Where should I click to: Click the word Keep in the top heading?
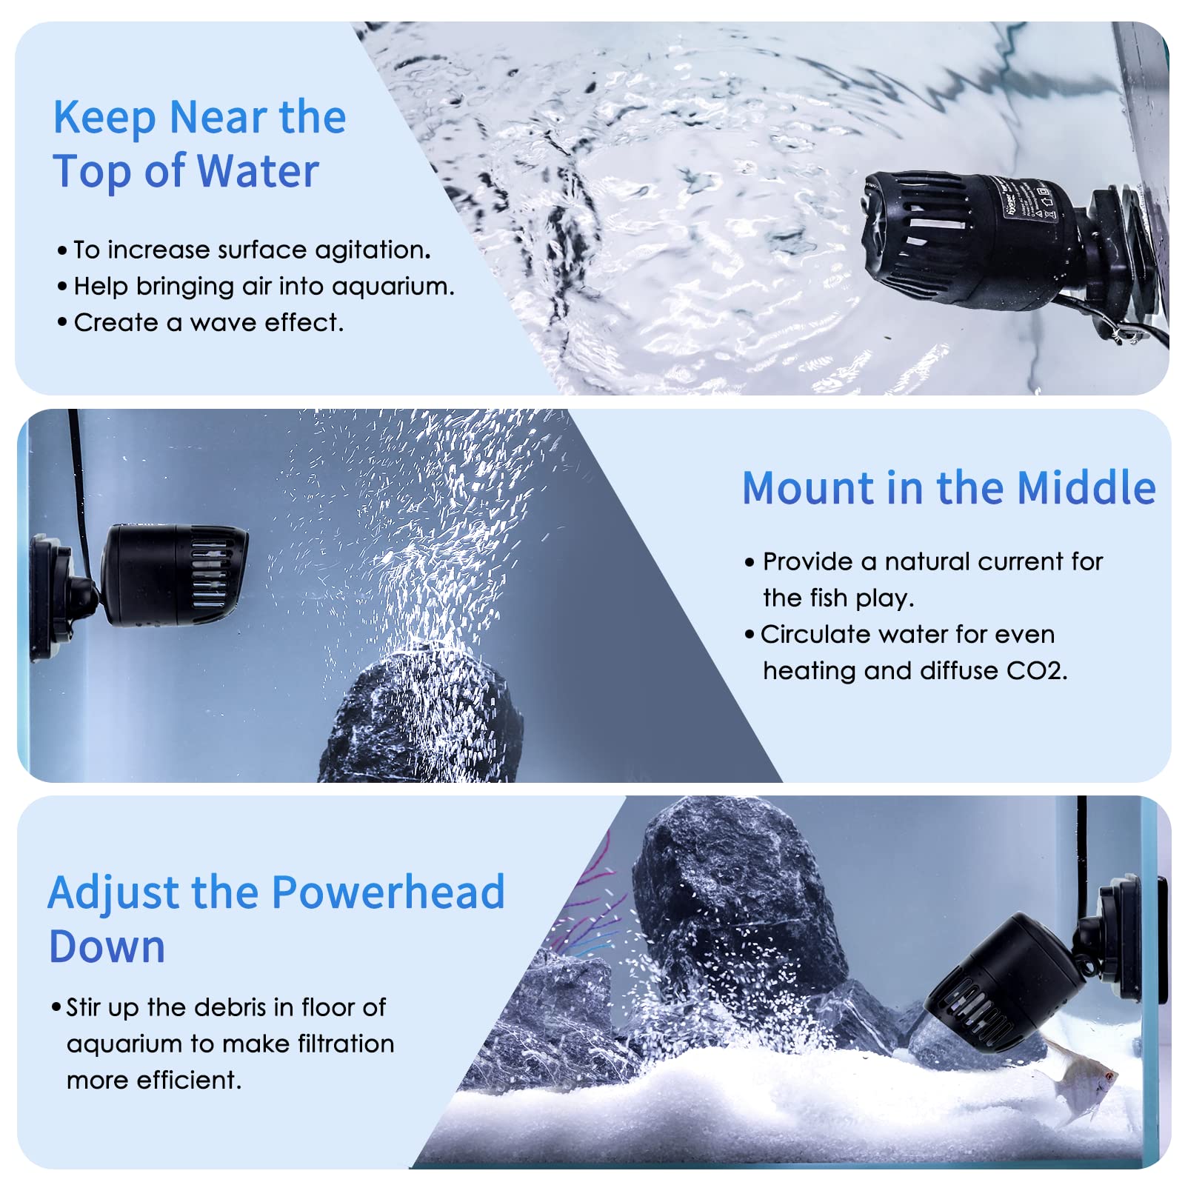coord(104,118)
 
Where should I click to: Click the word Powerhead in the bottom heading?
coord(388,892)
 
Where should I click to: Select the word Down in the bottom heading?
coord(107,947)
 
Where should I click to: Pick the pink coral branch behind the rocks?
coord(592,889)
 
